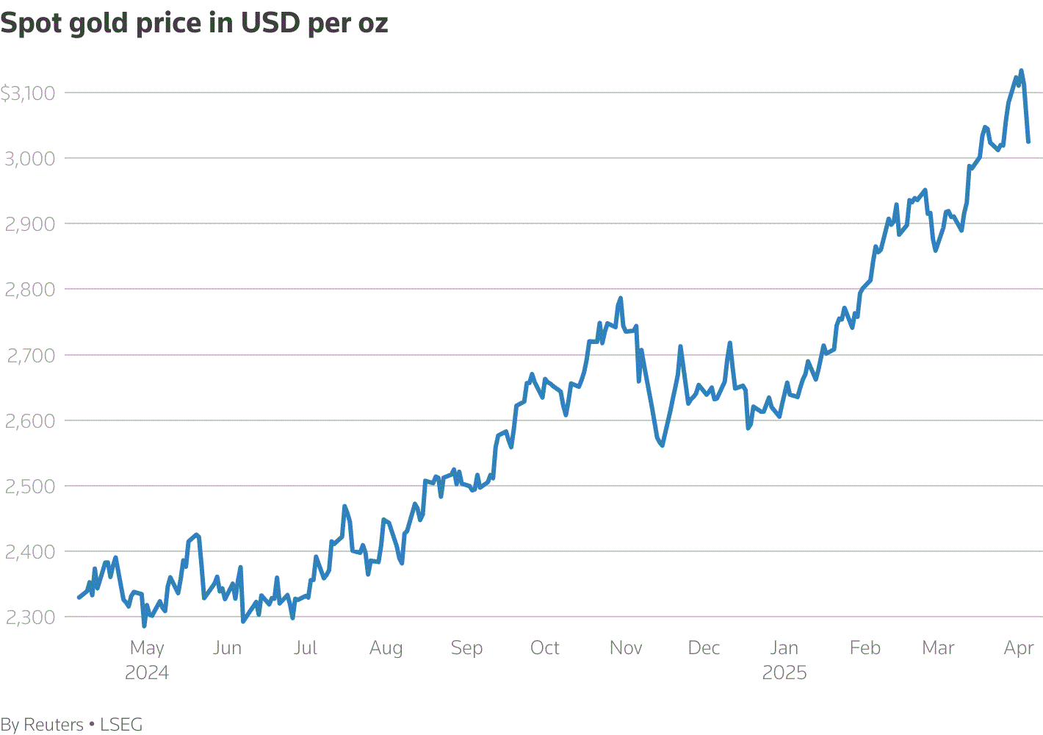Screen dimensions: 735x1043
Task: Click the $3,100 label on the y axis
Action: [28, 93]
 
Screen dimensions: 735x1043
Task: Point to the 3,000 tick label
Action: [30, 159]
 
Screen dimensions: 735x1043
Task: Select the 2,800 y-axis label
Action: [30, 290]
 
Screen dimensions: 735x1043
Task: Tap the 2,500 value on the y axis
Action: [30, 487]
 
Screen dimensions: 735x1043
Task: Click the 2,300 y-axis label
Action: [30, 617]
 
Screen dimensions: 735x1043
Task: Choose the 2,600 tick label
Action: [30, 421]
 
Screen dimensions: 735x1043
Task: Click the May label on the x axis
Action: [147, 648]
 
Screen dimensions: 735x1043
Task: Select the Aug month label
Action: [386, 648]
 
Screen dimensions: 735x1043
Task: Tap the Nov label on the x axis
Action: [626, 648]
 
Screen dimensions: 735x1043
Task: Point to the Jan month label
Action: [784, 648]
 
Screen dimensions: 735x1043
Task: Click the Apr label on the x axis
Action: [1019, 648]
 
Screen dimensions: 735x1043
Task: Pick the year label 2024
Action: [147, 673]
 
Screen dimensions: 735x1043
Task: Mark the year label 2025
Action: [784, 673]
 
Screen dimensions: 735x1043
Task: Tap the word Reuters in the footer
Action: [54, 725]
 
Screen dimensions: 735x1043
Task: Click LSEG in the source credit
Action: [121, 725]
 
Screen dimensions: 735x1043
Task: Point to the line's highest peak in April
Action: [1021, 71]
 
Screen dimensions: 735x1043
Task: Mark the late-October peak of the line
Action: [621, 298]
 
